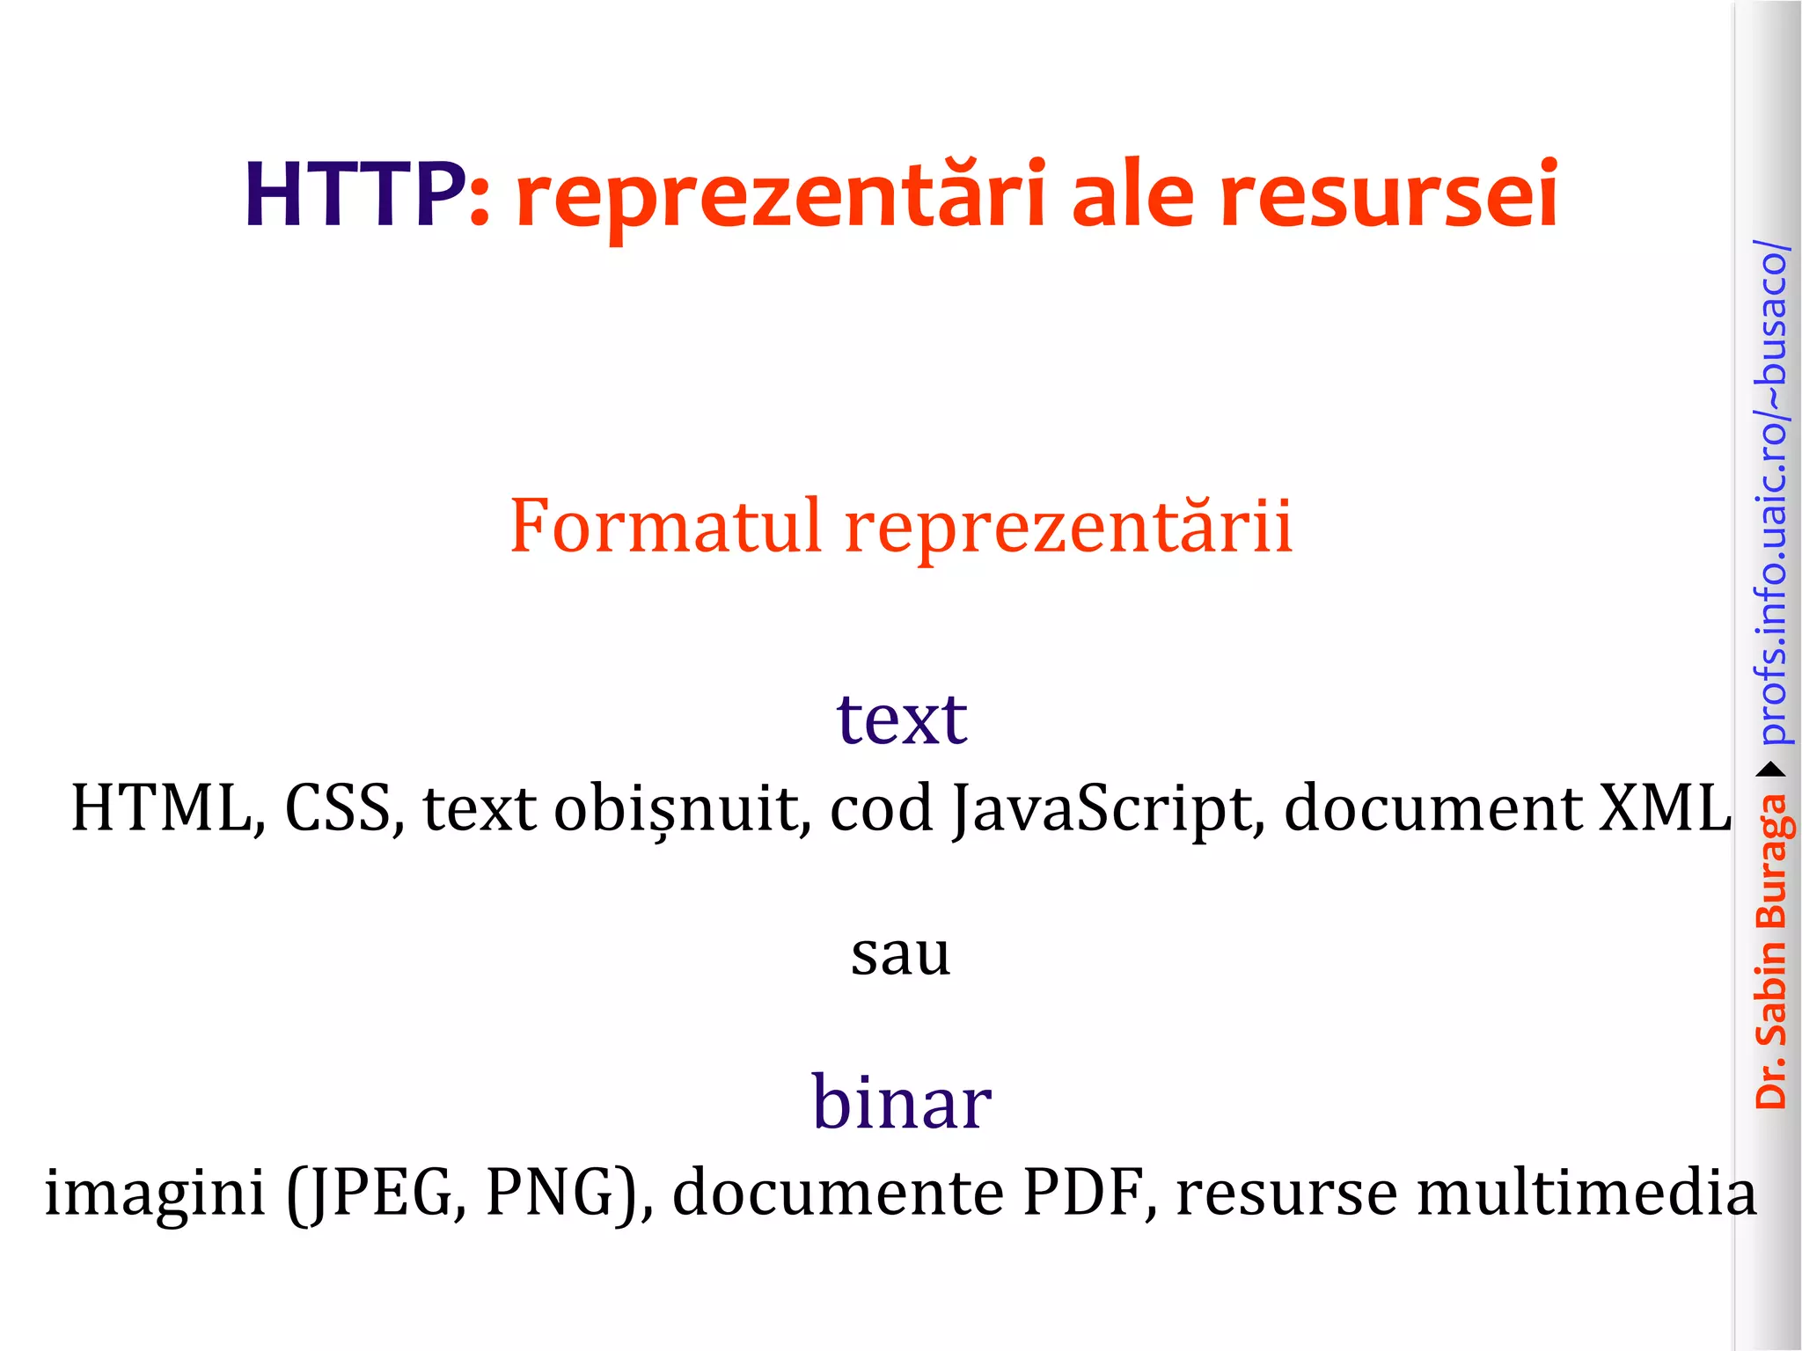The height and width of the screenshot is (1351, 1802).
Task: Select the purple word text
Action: click(x=902, y=719)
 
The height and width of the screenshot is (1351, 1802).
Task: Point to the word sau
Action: click(x=901, y=955)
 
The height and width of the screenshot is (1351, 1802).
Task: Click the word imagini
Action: click(x=155, y=1194)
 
